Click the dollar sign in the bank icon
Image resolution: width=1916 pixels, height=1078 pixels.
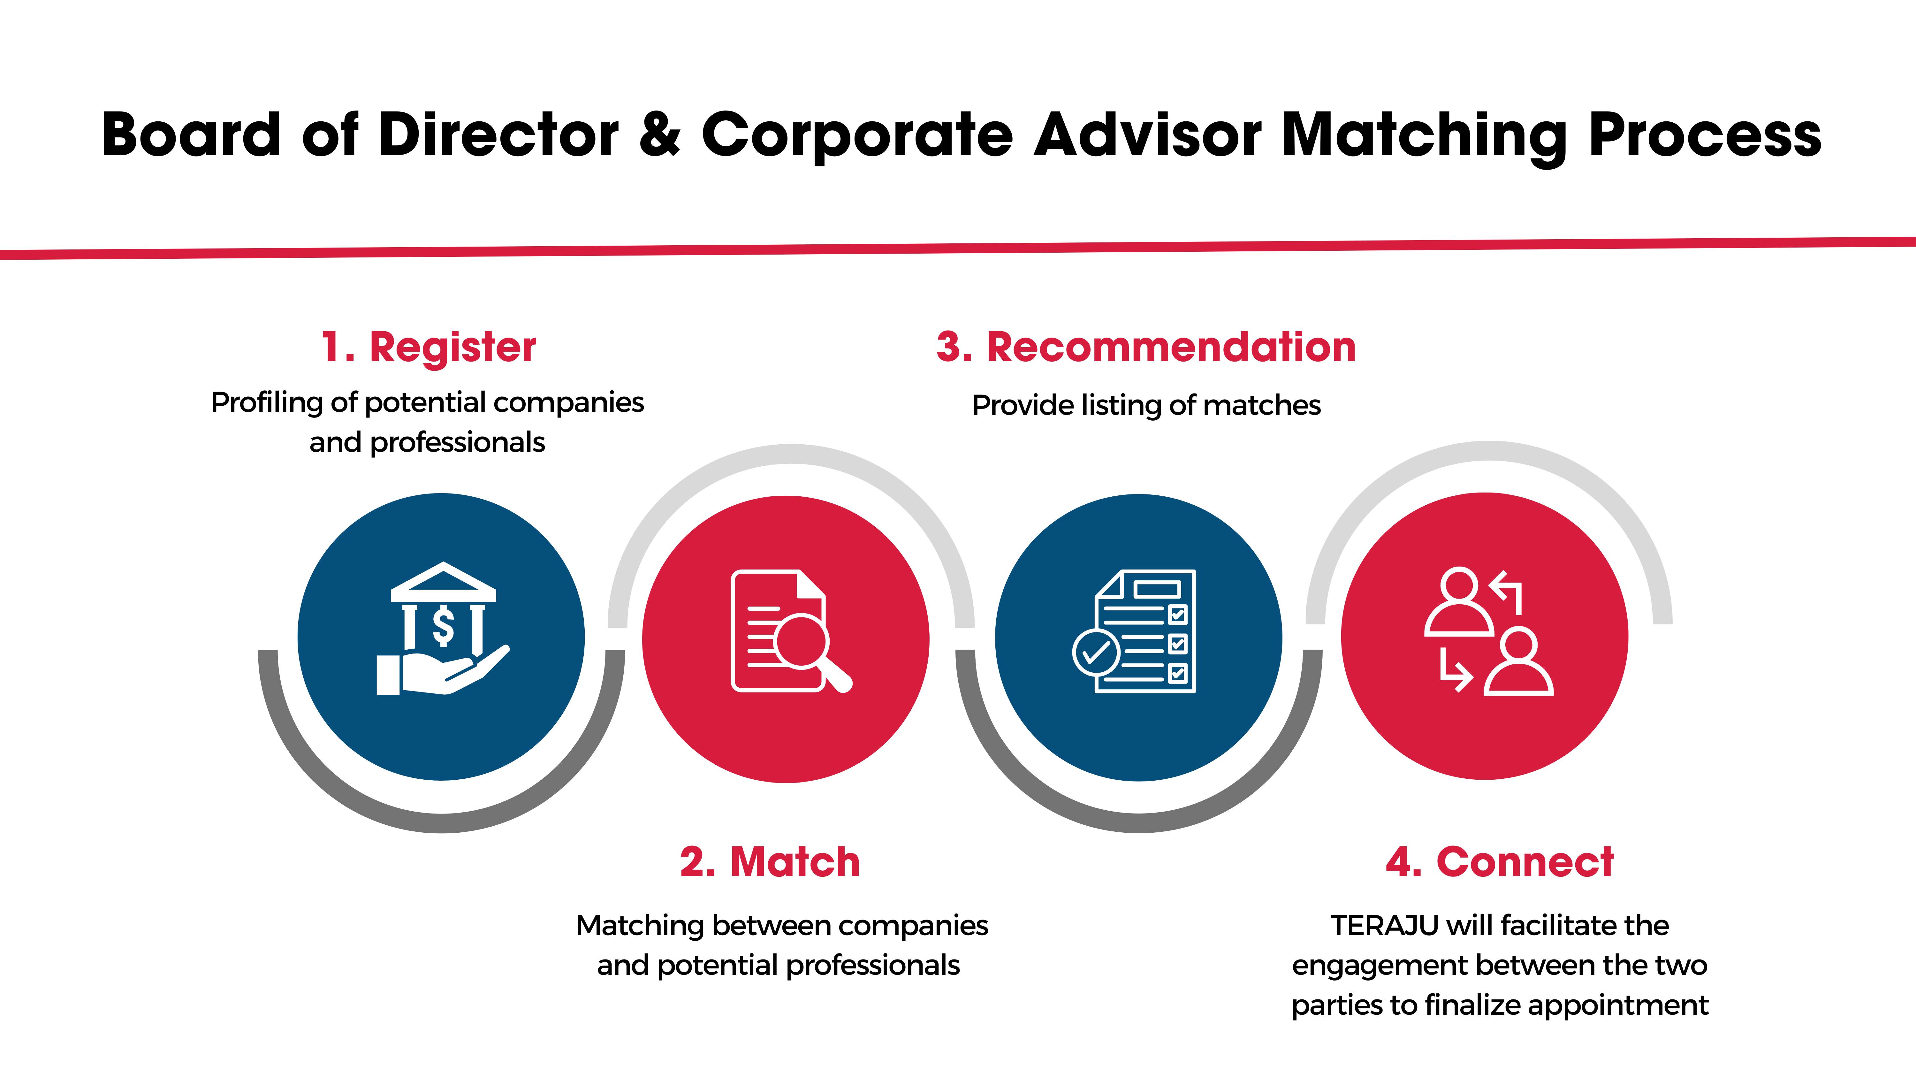[443, 625]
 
